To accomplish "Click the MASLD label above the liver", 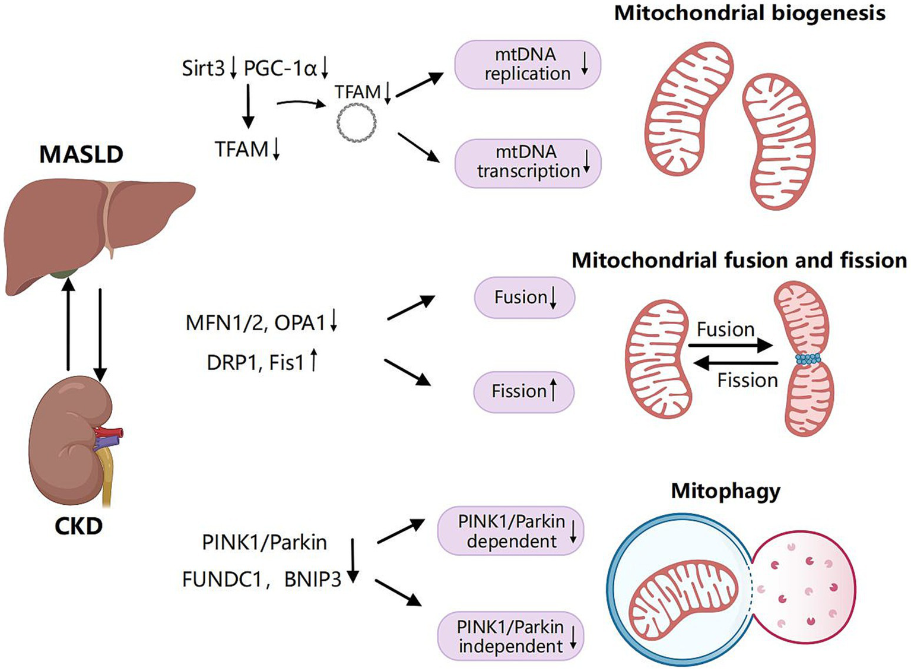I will (x=81, y=154).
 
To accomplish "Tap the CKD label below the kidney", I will (x=78, y=526).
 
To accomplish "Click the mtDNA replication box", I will (x=528, y=64).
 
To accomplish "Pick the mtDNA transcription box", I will (x=528, y=162).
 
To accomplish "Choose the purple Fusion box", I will (x=524, y=297).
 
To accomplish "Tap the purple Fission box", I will (x=523, y=391).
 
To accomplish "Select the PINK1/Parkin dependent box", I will (x=510, y=531).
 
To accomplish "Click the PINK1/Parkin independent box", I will (x=510, y=637).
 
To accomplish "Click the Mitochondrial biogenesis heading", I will (x=750, y=13).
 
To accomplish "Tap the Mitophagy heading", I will (x=725, y=491).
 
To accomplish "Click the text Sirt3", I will (x=204, y=68).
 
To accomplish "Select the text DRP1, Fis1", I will (x=255, y=362).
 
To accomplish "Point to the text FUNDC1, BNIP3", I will (x=262, y=579).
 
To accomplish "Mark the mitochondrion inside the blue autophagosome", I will (x=683, y=600).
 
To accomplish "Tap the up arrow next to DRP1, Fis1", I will (x=314, y=360).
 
